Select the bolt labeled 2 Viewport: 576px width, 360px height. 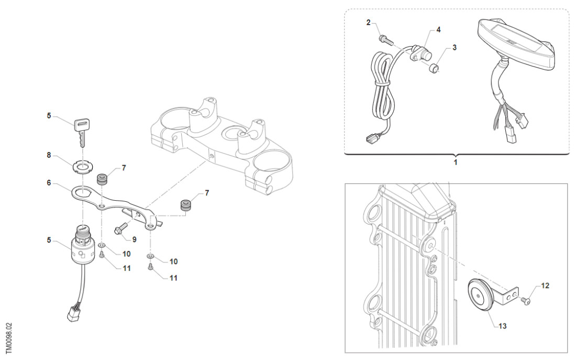384,38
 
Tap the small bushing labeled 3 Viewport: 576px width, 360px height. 434,68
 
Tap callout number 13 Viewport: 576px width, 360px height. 502,326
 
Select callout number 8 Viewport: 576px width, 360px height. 49,155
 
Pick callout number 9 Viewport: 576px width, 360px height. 134,239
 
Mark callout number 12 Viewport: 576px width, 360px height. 545,286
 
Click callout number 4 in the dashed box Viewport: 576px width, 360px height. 438,30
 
